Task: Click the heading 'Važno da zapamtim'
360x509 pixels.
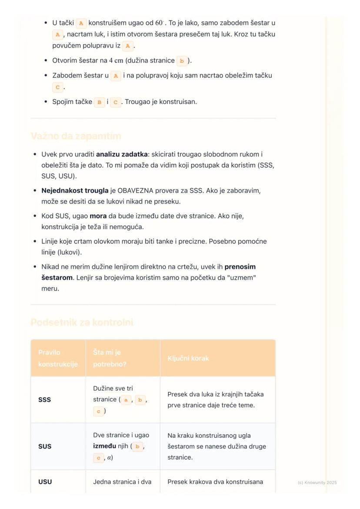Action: click(76, 136)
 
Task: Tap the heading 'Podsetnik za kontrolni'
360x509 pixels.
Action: click(82, 323)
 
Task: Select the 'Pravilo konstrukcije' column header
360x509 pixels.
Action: click(58, 358)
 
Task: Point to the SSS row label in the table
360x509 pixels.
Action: click(44, 400)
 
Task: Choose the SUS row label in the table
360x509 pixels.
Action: click(44, 446)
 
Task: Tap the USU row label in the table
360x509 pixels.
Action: click(45, 482)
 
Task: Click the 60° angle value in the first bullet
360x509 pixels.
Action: click(159, 23)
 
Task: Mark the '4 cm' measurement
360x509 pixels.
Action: click(116, 61)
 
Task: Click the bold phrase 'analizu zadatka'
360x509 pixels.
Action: click(121, 154)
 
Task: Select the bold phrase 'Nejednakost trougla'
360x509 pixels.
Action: click(75, 190)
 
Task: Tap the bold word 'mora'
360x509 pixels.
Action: click(98, 216)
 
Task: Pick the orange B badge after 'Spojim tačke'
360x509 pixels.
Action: click(100, 103)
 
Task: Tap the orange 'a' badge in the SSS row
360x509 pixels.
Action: click(126, 400)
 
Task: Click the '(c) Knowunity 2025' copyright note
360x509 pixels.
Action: click(317, 482)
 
